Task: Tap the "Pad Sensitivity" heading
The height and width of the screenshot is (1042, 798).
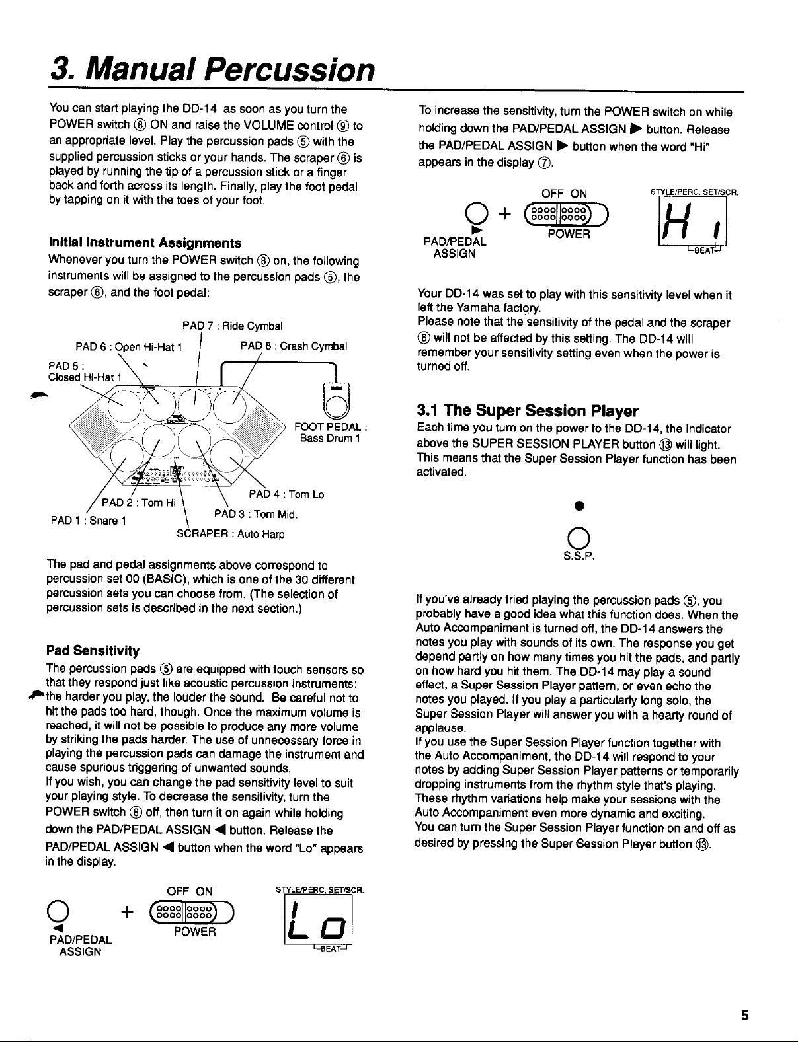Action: [93, 650]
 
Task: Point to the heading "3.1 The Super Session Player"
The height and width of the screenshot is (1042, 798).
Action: [528, 412]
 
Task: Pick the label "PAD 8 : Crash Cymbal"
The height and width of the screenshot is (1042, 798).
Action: [294, 346]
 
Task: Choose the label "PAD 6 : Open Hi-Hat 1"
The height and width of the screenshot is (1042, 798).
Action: [129, 346]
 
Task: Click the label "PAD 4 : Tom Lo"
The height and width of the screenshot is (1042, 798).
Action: [286, 494]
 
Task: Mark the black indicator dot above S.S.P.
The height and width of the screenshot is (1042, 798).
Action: [578, 506]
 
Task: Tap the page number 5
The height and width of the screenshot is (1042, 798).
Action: [744, 1016]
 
